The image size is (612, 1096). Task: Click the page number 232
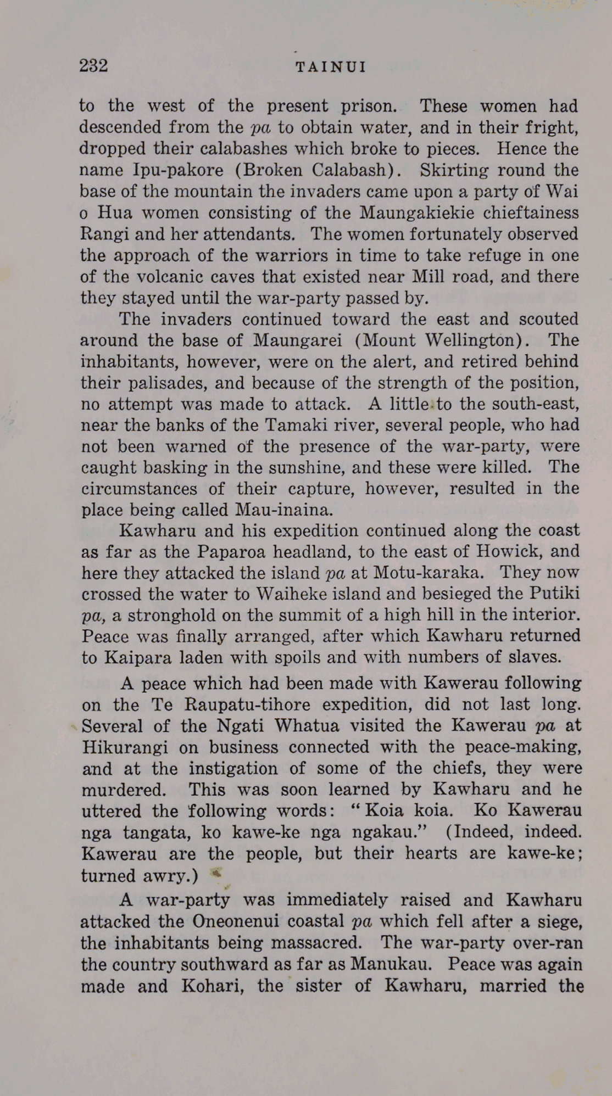tap(93, 66)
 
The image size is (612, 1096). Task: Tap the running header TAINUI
tap(331, 68)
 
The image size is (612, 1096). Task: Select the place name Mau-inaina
tap(283, 510)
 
